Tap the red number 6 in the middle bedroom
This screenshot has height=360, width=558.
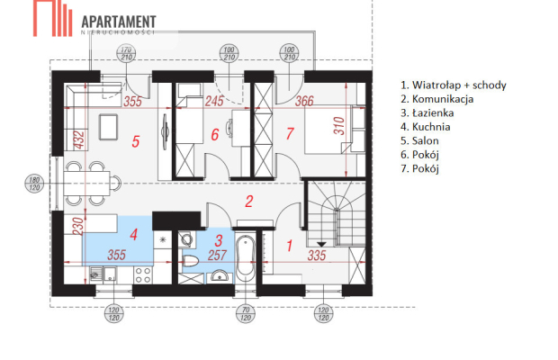[x=215, y=135]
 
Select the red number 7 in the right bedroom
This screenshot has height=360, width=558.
[x=289, y=135]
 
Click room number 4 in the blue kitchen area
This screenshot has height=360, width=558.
[x=133, y=236]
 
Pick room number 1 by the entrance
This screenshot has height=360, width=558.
[x=289, y=244]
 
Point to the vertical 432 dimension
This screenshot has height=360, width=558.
[x=77, y=140]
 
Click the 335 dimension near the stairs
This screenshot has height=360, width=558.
[x=315, y=256]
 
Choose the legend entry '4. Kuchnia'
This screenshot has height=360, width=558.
[x=425, y=127]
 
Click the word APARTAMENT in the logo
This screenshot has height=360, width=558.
[x=118, y=20]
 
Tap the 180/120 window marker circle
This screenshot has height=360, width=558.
[x=33, y=184]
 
